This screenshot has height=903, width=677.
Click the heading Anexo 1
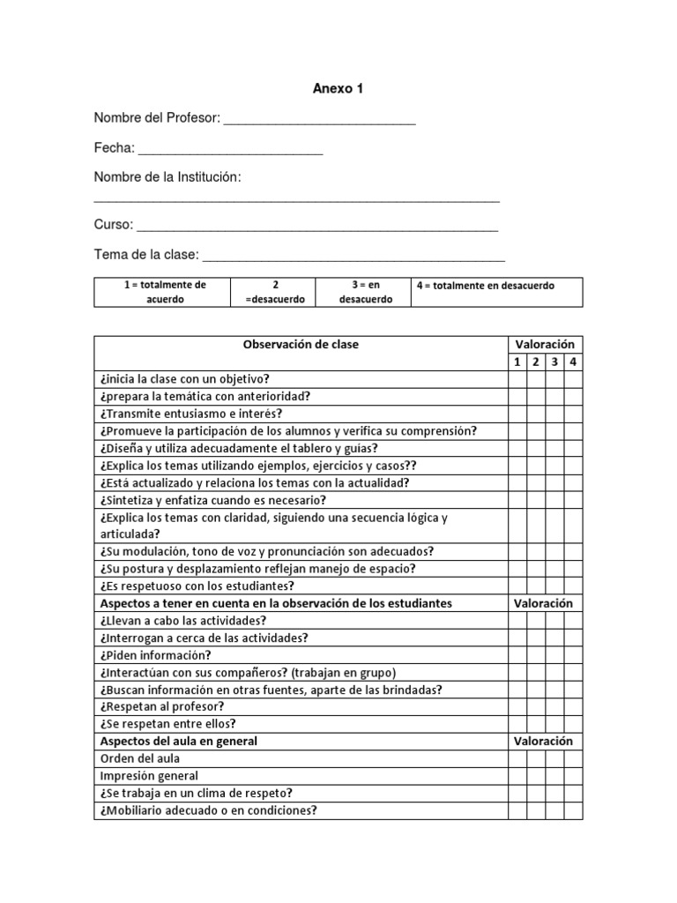338,89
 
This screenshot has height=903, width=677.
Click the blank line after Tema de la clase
353,257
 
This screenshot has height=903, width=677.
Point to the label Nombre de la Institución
167,178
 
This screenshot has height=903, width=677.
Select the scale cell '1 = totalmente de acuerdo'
162,292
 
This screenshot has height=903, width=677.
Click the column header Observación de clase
301,345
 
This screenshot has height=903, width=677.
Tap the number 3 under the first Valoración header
554,362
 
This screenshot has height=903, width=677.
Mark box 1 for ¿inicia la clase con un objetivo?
517,379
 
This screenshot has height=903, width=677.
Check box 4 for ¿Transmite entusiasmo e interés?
573,414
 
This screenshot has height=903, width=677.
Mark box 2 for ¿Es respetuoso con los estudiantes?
535,586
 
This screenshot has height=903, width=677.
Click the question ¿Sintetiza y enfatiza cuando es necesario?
212,500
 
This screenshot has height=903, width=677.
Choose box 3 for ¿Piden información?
554,655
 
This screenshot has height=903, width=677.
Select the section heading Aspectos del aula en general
180,741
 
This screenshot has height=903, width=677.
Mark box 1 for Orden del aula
517,758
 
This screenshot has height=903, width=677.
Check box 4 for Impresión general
573,776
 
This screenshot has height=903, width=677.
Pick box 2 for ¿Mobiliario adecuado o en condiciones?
535,810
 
